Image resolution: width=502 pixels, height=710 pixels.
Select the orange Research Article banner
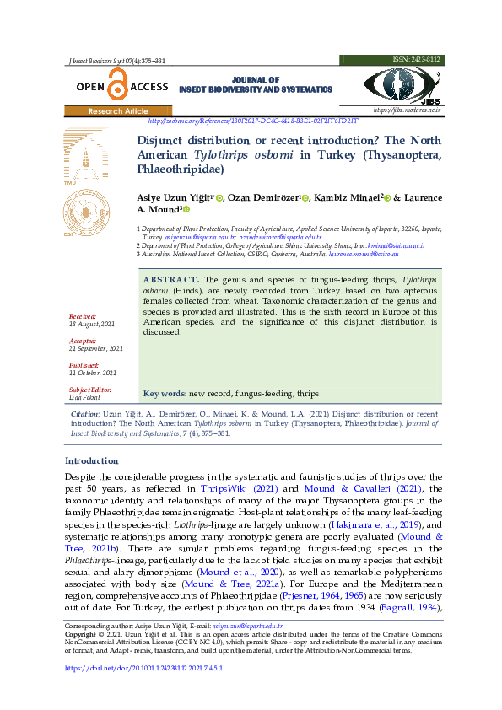(118, 111)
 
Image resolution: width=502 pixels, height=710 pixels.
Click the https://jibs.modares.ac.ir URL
(407, 110)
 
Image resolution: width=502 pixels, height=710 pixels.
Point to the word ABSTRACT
(171, 279)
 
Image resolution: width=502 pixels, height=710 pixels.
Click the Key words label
(165, 394)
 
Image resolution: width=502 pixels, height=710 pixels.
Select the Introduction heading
(92, 461)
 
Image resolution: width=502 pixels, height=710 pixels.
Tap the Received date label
(83, 316)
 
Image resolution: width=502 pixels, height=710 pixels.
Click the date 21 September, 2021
(96, 348)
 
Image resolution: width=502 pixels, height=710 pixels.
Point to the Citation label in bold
(85, 415)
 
